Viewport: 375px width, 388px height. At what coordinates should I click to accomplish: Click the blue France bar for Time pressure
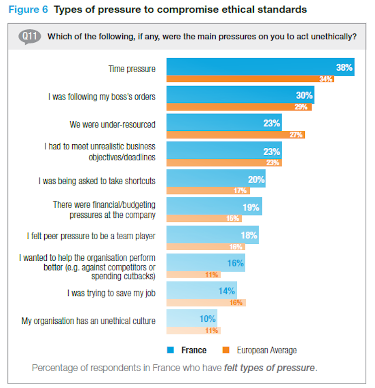pos(260,67)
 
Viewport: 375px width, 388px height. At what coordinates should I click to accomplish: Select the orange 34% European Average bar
pos(250,79)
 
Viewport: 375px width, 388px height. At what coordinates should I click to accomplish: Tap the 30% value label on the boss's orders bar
pos(304,95)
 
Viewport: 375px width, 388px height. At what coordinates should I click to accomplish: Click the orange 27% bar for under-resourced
pos(235,135)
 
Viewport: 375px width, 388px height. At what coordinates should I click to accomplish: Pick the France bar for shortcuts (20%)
pos(216,179)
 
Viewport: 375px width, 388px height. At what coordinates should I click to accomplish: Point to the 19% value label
pos(251,207)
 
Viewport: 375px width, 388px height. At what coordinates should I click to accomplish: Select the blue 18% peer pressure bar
pos(212,234)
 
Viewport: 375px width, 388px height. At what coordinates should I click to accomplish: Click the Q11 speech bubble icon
pos(29,37)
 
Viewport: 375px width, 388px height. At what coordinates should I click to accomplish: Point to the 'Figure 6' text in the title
pos(28,10)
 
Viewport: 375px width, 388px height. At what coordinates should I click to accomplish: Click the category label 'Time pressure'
pos(132,69)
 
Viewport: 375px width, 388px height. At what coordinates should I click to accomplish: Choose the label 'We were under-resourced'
pos(112,124)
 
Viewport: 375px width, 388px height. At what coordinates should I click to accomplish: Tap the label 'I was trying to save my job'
pos(111,293)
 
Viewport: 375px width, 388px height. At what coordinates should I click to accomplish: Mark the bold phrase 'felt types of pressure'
pos(269,368)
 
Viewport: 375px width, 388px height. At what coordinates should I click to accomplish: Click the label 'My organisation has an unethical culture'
pos(88,321)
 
